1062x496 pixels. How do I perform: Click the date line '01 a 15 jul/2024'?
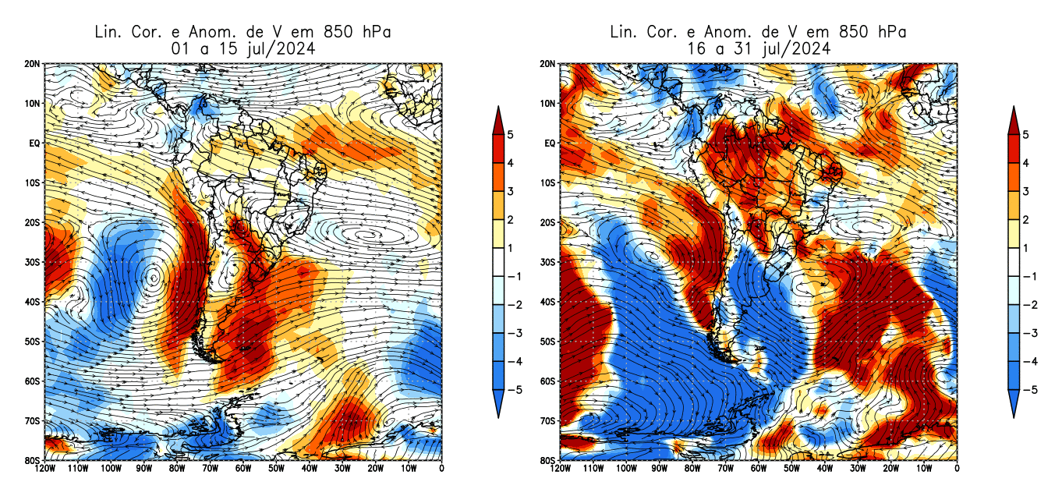pyautogui.click(x=242, y=48)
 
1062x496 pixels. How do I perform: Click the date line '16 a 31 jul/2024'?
pyautogui.click(x=758, y=48)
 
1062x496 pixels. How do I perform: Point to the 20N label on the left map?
pyautogui.click(x=33, y=64)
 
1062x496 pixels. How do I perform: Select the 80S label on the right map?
pyautogui.click(x=548, y=460)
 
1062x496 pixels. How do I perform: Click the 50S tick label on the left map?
pyautogui.click(x=33, y=342)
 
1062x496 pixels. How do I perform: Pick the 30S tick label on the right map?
pyautogui.click(x=548, y=262)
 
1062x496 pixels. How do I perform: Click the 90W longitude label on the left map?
pyautogui.click(x=143, y=469)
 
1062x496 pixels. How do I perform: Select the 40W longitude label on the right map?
pyautogui.click(x=824, y=469)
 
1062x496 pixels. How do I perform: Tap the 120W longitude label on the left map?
pyautogui.click(x=44, y=469)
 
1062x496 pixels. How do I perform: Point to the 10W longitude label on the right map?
pyautogui.click(x=924, y=469)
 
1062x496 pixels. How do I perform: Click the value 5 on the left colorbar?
pyautogui.click(x=510, y=134)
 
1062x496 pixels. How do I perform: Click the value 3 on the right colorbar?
pyautogui.click(x=1026, y=191)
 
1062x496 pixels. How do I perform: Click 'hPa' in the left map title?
pyautogui.click(x=374, y=32)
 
